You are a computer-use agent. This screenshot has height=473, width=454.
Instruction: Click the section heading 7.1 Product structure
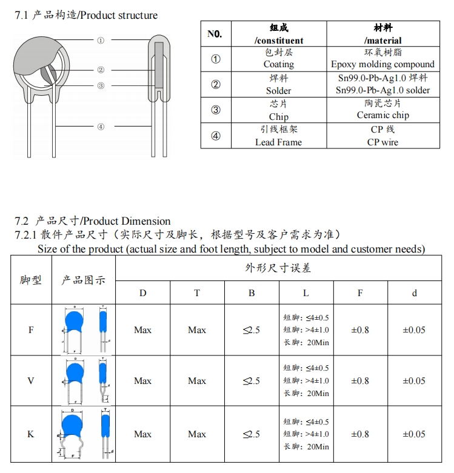86,15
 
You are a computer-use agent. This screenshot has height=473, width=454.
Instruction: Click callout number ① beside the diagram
101,40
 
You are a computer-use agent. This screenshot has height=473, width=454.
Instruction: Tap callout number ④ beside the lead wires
101,127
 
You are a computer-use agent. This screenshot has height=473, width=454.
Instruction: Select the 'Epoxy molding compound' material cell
382,59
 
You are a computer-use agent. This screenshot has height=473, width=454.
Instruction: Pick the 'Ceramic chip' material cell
382,110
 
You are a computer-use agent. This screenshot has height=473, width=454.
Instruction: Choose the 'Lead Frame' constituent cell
278,136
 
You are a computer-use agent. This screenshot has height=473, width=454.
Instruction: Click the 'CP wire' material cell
382,136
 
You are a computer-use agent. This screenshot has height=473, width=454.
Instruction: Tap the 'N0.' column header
215,34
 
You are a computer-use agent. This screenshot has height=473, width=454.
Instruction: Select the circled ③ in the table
215,110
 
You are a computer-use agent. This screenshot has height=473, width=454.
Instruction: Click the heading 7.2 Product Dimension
93,221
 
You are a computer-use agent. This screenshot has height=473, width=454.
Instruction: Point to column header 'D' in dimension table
142,293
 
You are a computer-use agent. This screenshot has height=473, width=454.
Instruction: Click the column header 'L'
305,293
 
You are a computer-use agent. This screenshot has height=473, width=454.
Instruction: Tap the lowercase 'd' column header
414,293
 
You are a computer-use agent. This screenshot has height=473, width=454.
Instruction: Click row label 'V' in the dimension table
31,381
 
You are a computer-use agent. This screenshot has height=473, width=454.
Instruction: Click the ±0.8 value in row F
359,330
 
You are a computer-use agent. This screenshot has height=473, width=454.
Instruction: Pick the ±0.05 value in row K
414,434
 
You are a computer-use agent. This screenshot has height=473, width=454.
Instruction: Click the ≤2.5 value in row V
251,381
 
